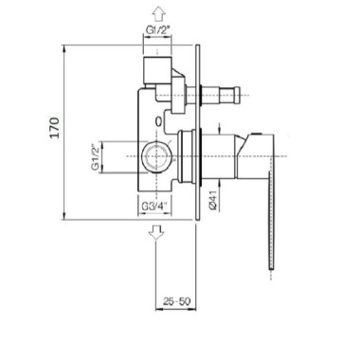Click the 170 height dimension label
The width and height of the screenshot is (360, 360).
[x=55, y=128]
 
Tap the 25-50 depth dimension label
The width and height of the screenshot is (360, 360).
[x=177, y=301]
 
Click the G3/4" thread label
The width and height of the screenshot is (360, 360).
[x=154, y=207]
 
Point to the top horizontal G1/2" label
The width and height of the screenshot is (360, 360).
[x=158, y=29]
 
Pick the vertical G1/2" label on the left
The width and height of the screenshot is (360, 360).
[x=96, y=157]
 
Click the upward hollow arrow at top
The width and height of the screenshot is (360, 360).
[x=158, y=14]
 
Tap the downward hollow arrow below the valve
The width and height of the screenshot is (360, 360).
[x=157, y=232]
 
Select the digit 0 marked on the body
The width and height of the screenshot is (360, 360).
[x=159, y=121]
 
